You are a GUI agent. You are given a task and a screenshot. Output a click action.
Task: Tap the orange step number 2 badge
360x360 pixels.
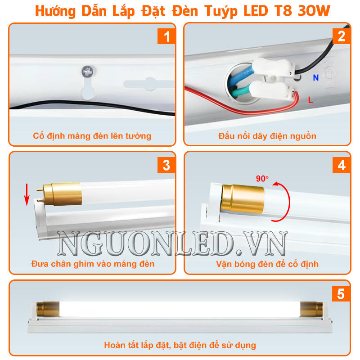pos(342,36)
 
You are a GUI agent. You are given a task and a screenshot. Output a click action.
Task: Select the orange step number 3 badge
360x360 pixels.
pos(166,165)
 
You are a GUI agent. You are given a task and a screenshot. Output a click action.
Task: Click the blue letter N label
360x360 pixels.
pos(316,78)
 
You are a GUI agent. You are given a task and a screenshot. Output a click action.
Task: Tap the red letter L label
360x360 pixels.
pos(310,100)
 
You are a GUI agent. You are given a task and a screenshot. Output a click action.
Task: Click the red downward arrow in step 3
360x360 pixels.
pos(27,193)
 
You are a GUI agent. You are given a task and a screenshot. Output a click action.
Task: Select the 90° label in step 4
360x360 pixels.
pos(262,179)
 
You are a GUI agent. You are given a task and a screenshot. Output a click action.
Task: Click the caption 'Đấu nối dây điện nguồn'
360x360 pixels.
pos(267,136)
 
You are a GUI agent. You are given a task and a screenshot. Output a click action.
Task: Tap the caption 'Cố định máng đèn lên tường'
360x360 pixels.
pos(92,136)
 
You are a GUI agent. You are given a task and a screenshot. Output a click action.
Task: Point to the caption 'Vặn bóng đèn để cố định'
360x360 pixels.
pos(267,264)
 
